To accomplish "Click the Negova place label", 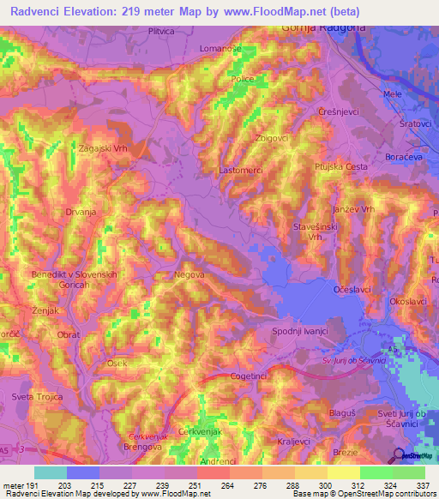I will click(x=189, y=274).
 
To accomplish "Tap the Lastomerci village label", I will click(x=243, y=171).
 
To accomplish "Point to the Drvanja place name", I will click(x=81, y=210).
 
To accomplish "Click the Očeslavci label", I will click(x=352, y=290).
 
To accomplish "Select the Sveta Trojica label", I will click(x=35, y=396).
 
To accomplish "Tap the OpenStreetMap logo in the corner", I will click(x=409, y=455).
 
